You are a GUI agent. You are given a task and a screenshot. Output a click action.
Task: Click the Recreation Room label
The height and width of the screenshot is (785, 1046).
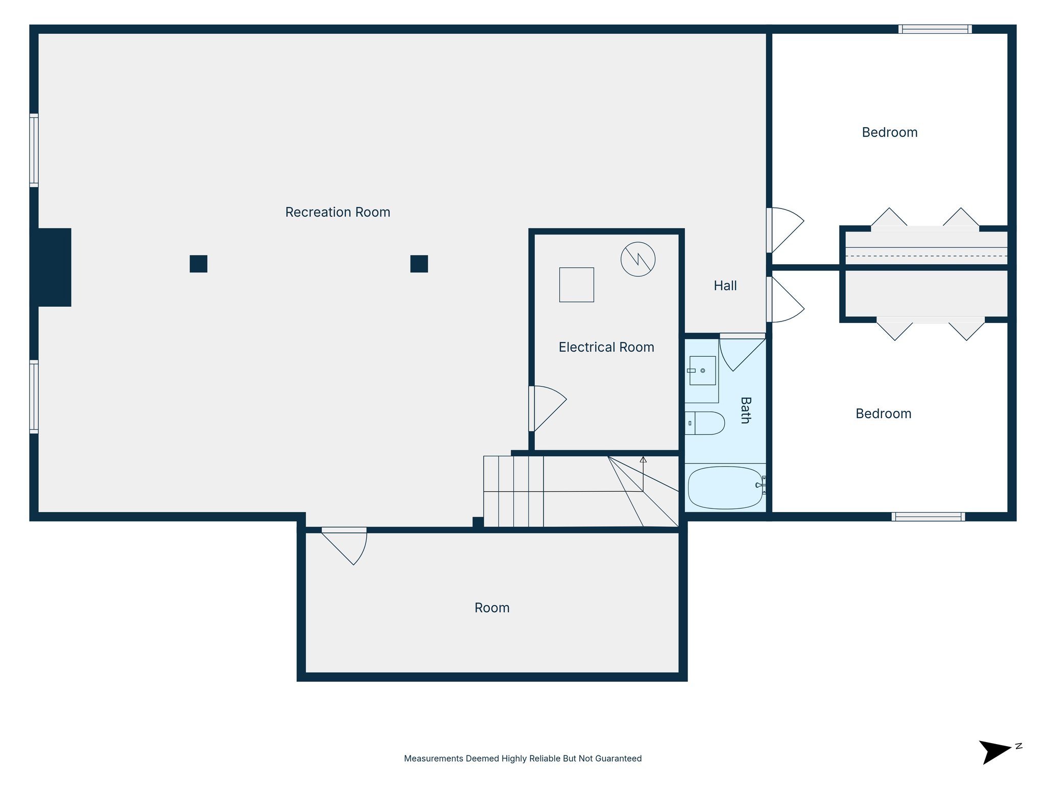(x=337, y=212)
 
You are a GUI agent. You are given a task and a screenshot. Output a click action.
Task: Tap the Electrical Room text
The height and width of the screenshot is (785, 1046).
(x=606, y=347)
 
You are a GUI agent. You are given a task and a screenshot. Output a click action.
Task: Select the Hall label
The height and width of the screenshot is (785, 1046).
(x=725, y=286)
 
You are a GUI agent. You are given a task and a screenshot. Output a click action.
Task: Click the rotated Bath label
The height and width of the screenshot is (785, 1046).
(x=745, y=410)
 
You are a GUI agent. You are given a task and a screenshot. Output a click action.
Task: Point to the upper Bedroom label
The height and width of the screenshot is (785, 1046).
(x=889, y=132)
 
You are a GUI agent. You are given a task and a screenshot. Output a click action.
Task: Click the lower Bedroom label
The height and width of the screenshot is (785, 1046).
(x=883, y=413)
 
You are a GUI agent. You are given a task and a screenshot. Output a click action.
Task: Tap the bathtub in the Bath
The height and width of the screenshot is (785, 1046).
(x=725, y=488)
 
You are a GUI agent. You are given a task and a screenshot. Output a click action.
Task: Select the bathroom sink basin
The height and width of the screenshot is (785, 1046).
(x=702, y=371)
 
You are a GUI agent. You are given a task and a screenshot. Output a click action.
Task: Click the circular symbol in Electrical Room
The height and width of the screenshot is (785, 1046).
(x=637, y=259)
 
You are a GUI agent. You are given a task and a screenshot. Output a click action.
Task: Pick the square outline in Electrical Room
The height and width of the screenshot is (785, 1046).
(x=576, y=285)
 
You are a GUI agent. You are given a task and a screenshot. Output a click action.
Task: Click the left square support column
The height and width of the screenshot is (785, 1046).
(x=198, y=264)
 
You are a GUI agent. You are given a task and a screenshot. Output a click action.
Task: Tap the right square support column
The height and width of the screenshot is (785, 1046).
(x=419, y=264)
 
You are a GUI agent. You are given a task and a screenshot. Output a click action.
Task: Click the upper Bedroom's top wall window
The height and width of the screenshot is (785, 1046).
(x=935, y=29)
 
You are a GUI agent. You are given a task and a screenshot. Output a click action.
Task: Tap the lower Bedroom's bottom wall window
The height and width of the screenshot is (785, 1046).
(x=928, y=517)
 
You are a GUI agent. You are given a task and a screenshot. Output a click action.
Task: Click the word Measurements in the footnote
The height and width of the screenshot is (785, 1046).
(x=434, y=758)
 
